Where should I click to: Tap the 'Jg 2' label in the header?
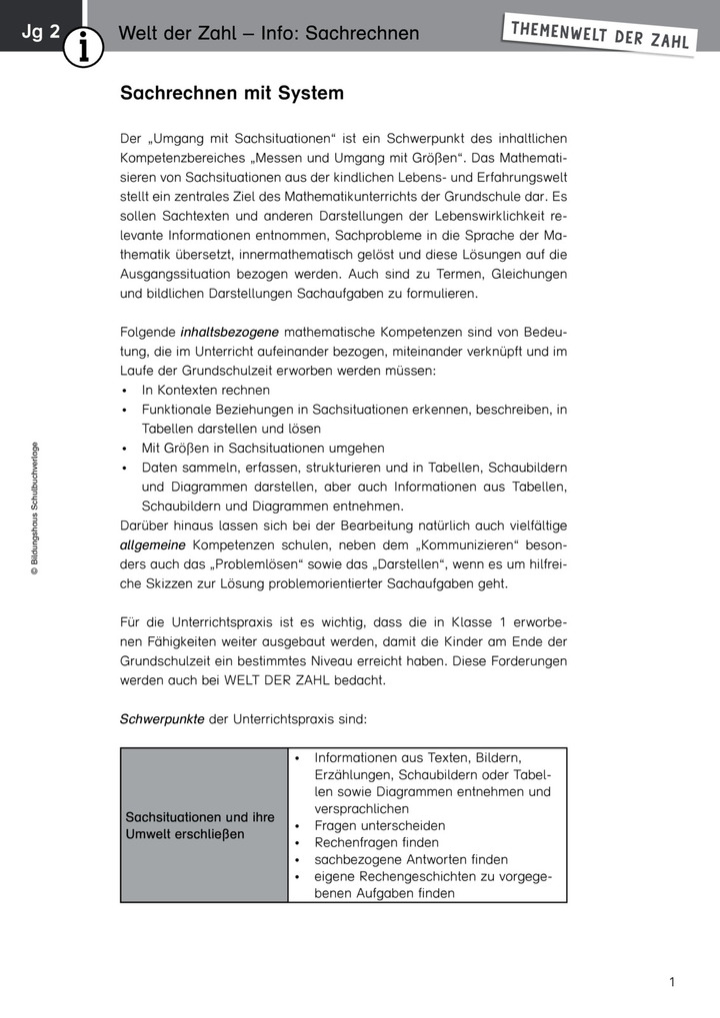(40, 33)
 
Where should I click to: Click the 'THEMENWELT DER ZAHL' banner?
(599, 34)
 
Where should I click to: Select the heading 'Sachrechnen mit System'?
(232, 93)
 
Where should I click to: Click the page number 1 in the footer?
(672, 982)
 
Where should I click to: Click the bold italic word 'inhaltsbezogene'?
(230, 332)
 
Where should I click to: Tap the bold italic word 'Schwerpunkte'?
(163, 718)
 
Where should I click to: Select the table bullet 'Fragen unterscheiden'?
(379, 826)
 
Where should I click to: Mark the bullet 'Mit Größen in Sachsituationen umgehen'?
(263, 449)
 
